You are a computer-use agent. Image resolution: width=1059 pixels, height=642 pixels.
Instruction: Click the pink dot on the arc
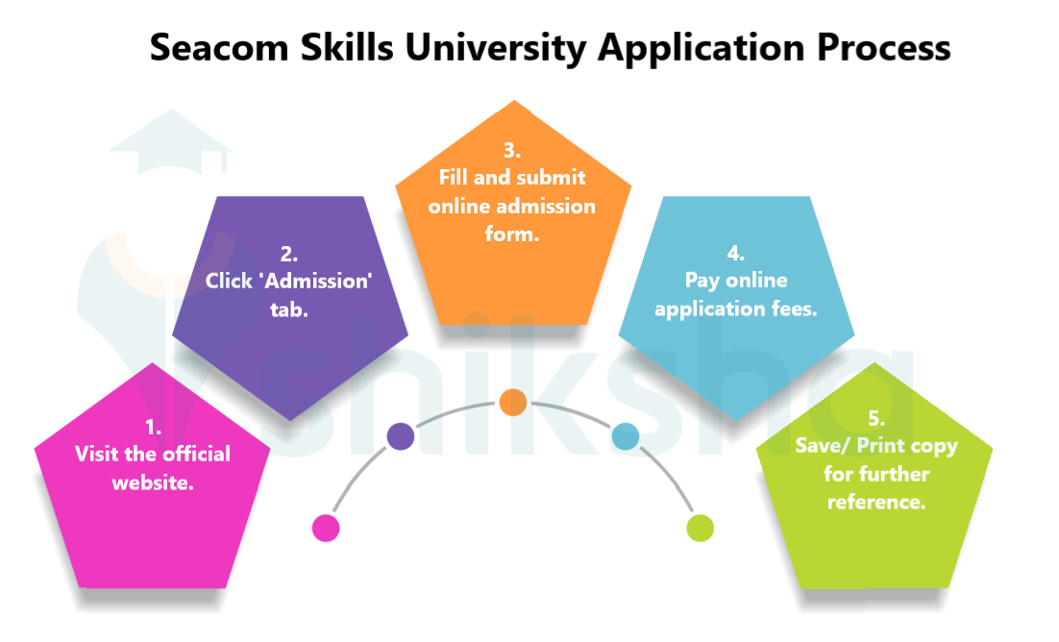[x=326, y=528]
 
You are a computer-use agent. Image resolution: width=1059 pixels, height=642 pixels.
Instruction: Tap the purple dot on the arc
[x=401, y=436]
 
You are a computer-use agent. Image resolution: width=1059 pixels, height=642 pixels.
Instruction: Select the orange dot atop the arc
[x=513, y=402]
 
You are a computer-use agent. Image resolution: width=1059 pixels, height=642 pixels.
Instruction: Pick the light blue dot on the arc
[x=626, y=437]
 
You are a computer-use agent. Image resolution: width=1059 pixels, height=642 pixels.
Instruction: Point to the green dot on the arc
[x=701, y=527]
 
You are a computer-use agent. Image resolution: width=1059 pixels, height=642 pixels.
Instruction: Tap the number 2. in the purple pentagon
[x=288, y=255]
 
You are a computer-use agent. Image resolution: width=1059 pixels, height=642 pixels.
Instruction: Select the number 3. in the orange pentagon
[x=512, y=151]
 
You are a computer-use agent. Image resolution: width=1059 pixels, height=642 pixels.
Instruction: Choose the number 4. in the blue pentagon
[x=735, y=254]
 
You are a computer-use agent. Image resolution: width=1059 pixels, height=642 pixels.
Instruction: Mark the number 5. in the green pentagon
[x=875, y=419]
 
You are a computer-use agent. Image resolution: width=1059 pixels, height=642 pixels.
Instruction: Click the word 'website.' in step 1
[x=153, y=482]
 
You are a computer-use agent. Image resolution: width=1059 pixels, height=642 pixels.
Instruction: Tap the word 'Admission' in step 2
[x=323, y=283]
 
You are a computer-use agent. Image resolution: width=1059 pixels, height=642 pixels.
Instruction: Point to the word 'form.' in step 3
[x=512, y=234]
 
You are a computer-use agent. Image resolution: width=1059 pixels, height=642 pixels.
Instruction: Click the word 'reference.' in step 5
[x=876, y=502]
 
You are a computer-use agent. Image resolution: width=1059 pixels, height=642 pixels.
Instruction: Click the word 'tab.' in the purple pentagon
[x=288, y=309]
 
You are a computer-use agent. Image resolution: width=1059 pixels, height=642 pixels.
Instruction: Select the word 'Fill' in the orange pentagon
[x=457, y=178]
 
